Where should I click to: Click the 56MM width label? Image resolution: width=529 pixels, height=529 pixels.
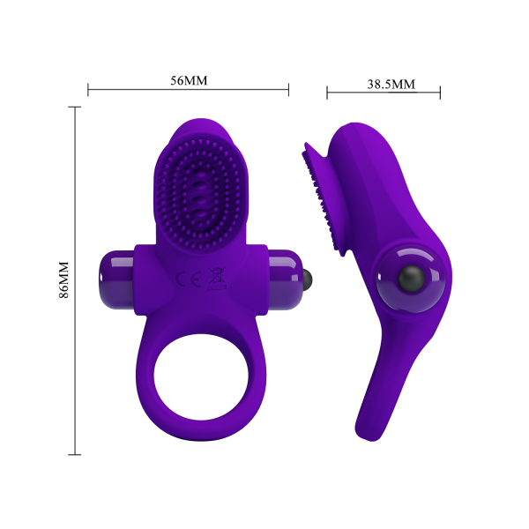point(189,80)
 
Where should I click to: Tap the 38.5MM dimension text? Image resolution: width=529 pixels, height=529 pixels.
point(391,85)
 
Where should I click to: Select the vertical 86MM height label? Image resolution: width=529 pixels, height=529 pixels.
point(63,281)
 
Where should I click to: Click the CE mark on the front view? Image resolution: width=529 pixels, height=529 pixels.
point(189,281)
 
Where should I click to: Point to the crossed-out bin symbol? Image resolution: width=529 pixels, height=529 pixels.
point(213,281)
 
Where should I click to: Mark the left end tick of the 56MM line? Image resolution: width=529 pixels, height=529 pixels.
point(88,89)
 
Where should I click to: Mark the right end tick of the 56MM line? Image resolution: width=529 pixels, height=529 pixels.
point(289,89)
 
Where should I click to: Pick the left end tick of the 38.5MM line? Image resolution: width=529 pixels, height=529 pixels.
point(327,93)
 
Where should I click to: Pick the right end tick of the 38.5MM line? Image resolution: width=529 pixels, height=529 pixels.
point(440,93)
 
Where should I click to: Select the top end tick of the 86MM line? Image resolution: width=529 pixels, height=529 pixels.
point(75,108)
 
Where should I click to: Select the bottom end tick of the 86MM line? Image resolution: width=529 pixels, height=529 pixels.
point(75,455)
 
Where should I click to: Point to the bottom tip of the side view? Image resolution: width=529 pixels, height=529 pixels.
point(365,435)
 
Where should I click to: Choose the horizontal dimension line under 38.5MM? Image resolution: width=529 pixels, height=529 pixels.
point(384,93)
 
